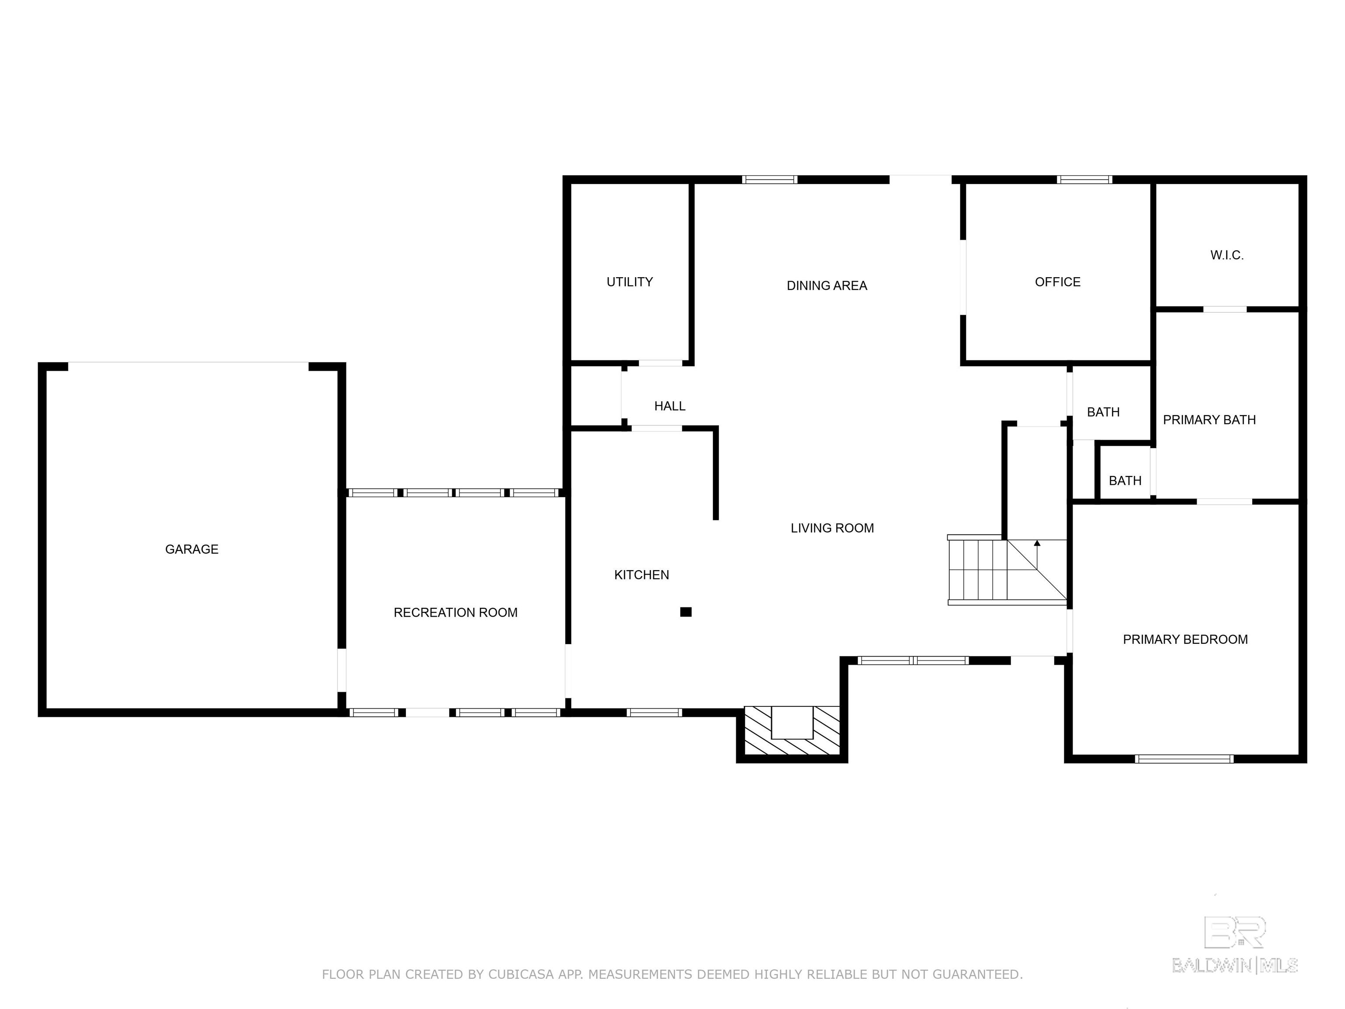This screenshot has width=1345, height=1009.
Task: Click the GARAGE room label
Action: click(x=191, y=549)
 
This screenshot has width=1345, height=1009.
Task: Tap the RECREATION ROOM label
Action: click(x=455, y=613)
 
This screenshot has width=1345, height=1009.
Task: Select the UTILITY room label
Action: click(x=630, y=282)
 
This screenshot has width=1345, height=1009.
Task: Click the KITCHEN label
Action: click(x=641, y=575)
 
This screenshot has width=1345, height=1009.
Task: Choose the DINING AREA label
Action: click(x=827, y=285)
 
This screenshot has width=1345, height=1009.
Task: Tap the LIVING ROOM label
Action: click(x=832, y=528)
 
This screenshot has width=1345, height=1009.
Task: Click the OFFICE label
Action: click(x=1058, y=282)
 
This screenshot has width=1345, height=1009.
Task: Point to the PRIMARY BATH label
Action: click(x=1209, y=420)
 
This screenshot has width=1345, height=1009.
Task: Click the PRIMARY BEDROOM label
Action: click(x=1185, y=639)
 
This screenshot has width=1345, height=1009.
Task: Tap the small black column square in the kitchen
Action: click(x=686, y=612)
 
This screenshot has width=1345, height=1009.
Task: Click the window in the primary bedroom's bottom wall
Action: click(x=1184, y=759)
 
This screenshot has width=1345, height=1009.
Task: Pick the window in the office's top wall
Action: click(x=1085, y=180)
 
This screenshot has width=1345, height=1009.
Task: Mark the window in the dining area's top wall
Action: click(x=769, y=180)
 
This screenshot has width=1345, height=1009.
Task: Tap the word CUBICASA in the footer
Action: click(x=521, y=974)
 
